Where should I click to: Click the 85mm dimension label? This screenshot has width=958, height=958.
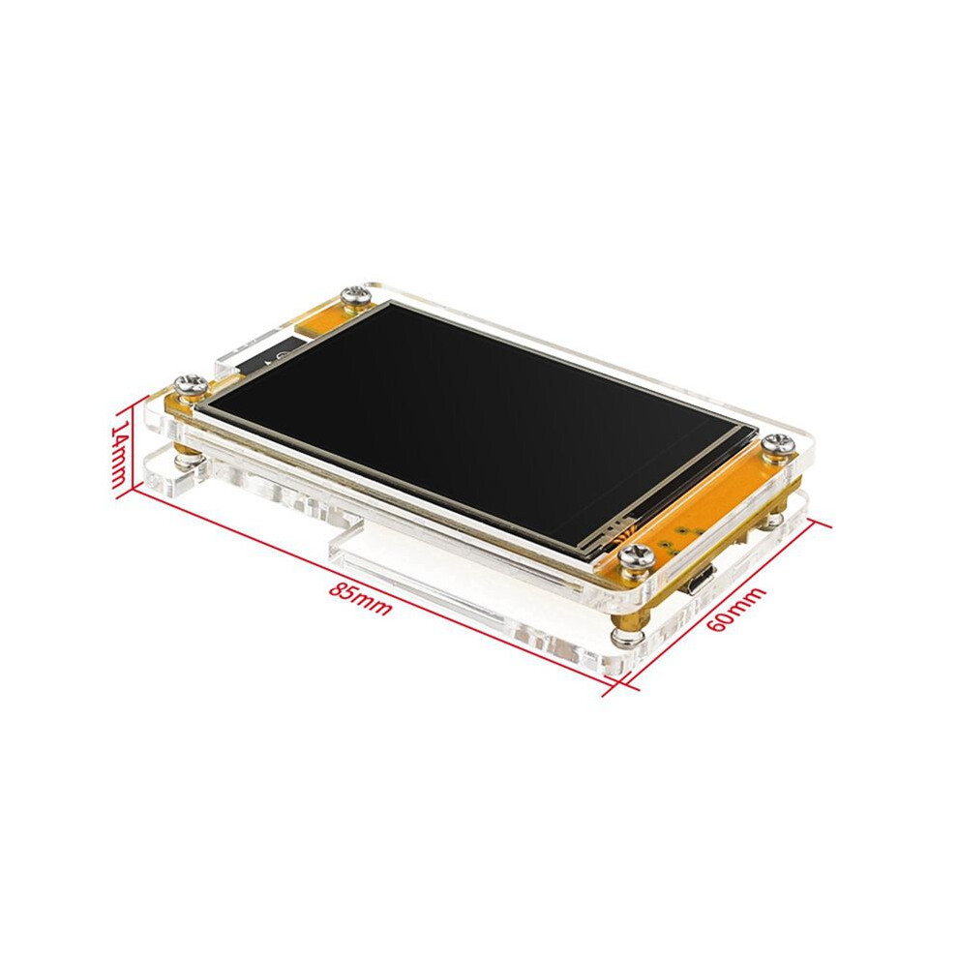tap(360, 599)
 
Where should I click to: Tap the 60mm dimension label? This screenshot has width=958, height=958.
tap(735, 610)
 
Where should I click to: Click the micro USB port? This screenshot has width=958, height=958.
tap(700, 580)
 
